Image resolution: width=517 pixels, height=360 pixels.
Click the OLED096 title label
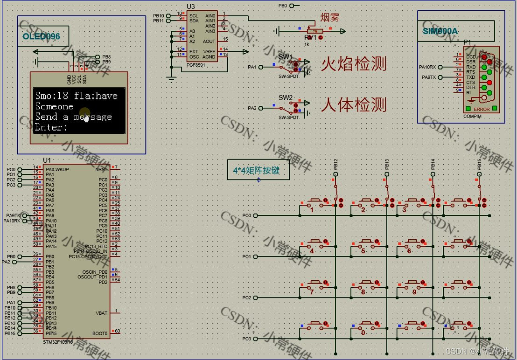pos(41,36)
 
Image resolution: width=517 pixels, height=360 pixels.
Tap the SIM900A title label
pos(440,31)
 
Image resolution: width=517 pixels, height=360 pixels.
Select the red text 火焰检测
pos(354,64)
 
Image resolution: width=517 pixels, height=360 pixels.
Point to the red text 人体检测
pos(354,105)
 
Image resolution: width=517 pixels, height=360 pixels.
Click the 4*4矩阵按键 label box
pos(256,171)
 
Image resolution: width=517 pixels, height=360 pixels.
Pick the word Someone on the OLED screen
pos(54,106)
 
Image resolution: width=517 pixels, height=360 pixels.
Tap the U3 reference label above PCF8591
pos(191,6)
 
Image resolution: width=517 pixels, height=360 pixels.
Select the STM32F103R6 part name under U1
pos(58,342)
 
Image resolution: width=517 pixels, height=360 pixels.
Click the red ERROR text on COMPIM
pos(482,109)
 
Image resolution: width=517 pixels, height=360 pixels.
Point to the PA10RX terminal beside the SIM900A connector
pos(428,67)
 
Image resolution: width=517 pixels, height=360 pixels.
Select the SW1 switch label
pos(285,56)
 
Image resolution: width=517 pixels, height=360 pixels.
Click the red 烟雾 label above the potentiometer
pos(329,18)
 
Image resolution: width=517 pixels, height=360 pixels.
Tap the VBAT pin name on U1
pos(101,313)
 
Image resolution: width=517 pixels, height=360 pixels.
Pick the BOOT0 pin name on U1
pos(100,333)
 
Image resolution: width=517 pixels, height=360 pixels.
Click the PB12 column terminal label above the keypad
pos(335,164)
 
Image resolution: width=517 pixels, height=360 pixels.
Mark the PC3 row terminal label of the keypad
pos(247,339)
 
